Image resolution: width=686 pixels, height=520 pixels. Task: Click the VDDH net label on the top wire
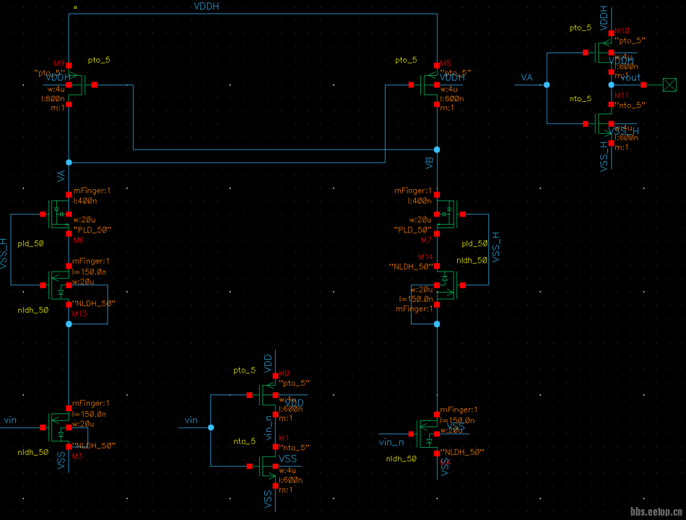(207, 6)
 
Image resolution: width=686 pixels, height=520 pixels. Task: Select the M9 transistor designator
(59, 64)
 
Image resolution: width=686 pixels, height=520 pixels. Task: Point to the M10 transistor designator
(622, 32)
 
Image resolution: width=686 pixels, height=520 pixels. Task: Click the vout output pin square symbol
(670, 85)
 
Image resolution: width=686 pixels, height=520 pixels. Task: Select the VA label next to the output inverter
(527, 77)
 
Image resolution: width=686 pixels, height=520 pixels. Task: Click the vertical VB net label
(430, 163)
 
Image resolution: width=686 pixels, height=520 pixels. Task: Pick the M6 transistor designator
(79, 240)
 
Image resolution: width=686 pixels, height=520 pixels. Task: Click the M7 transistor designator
(426, 240)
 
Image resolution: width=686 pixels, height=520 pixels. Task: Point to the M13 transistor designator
(79, 313)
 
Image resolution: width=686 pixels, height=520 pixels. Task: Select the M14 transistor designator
(426, 256)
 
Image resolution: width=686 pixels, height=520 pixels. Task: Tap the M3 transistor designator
(77, 456)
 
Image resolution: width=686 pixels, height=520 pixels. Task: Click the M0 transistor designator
(284, 373)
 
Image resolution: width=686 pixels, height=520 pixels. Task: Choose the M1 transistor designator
(284, 438)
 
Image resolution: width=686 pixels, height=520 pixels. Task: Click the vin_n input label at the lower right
(391, 442)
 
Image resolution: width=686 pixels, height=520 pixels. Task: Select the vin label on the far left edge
(10, 420)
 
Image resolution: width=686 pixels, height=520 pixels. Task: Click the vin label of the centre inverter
(191, 420)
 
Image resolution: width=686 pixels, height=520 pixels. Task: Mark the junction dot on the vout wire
(611, 85)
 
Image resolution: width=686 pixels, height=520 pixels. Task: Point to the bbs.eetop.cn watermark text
(656, 512)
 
